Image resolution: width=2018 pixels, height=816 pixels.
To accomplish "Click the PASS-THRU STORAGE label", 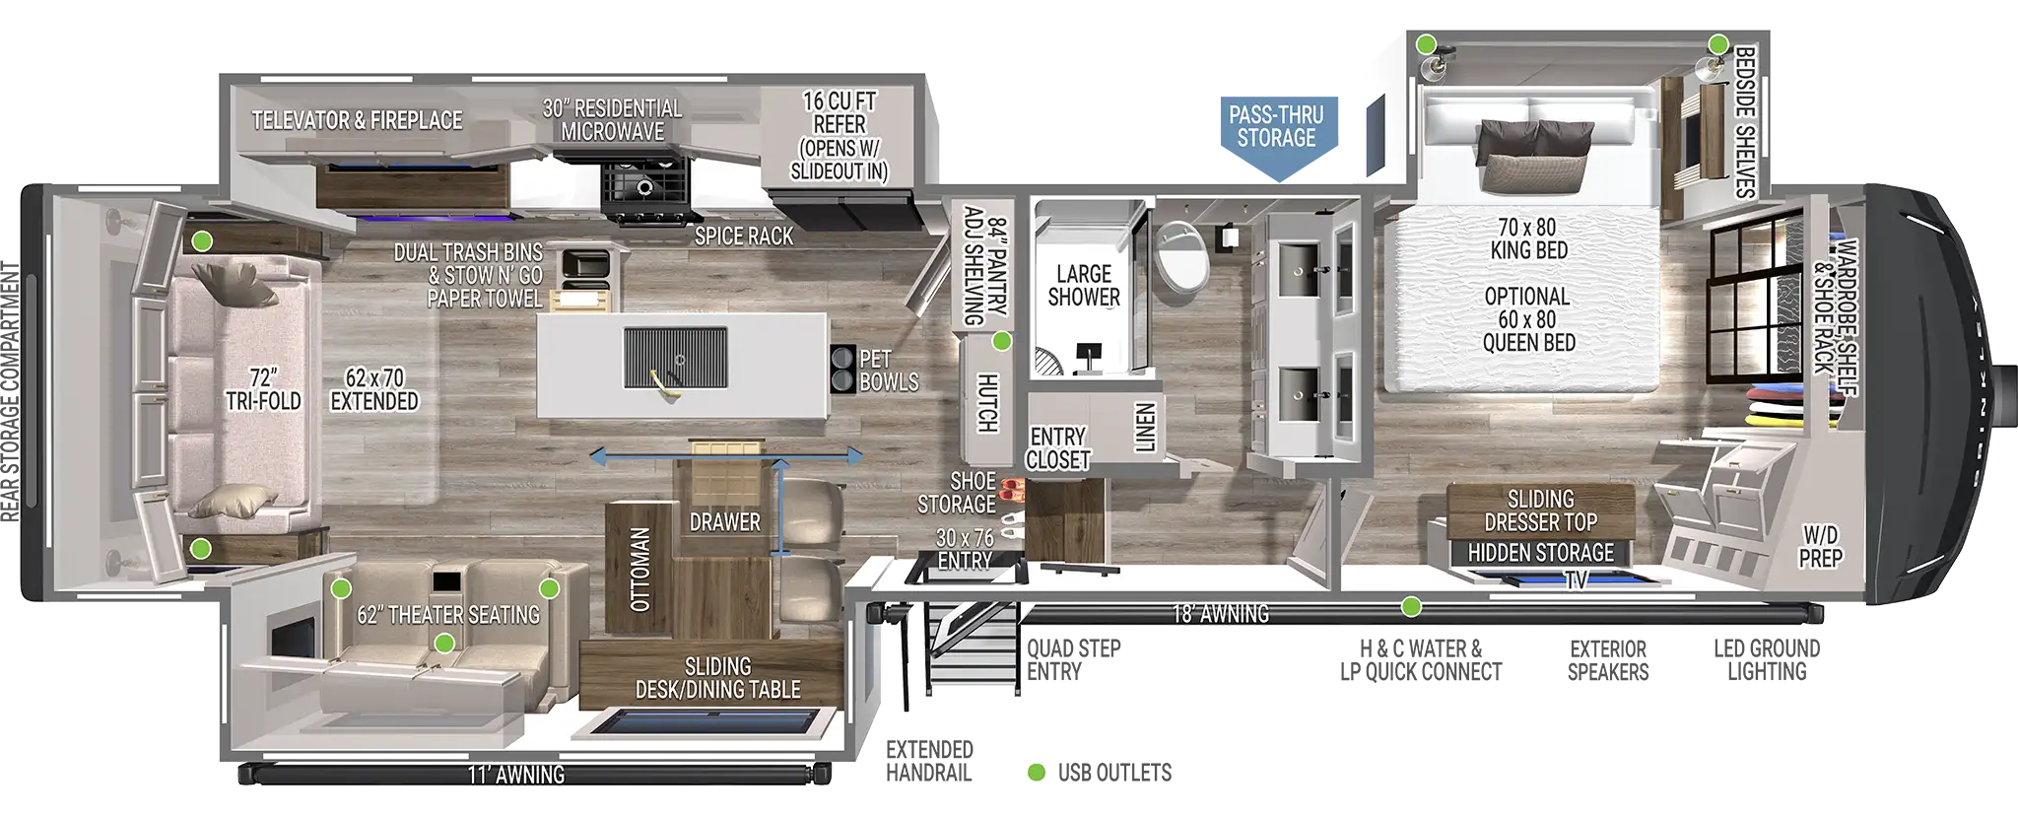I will (x=1276, y=126).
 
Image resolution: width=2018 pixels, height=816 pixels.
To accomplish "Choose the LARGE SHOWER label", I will (x=1084, y=285).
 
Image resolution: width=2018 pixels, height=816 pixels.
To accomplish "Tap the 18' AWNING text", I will (x=1220, y=614).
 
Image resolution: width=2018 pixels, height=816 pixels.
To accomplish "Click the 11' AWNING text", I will (x=516, y=775).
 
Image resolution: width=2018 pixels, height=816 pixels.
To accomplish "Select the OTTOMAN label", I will (x=639, y=570).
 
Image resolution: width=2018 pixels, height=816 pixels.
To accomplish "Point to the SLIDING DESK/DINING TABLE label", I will (x=717, y=678).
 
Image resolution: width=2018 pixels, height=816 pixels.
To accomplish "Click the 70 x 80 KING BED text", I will (x=1528, y=238).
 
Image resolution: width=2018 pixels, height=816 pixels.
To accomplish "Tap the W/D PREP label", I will (x=1819, y=546).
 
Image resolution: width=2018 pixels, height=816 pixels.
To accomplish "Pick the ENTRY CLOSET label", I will (x=1058, y=447).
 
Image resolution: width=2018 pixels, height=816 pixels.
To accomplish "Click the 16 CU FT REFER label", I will (x=840, y=135).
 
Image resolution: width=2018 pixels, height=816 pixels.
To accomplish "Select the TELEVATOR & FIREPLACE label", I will (x=357, y=120).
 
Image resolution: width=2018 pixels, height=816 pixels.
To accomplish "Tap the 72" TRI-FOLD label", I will (x=263, y=388).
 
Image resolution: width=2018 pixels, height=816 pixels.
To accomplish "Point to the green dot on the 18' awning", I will (x=1412, y=606).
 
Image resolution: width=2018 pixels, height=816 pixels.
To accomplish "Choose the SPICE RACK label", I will (x=743, y=236).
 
